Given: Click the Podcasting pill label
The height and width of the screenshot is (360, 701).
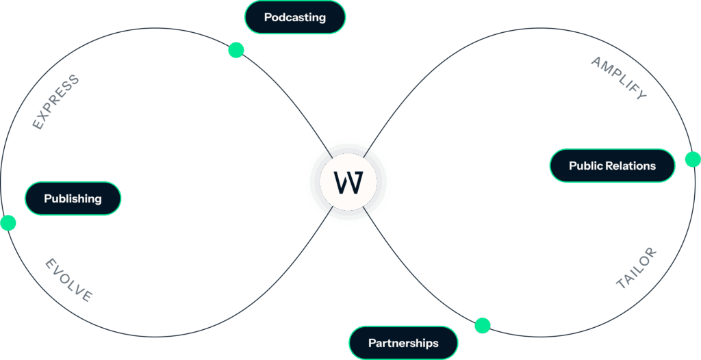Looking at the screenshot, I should [294, 17].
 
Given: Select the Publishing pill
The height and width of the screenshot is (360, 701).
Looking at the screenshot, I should [73, 199].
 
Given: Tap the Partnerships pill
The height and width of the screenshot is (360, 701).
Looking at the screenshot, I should [403, 343].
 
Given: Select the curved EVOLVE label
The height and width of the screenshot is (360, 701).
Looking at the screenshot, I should [68, 281].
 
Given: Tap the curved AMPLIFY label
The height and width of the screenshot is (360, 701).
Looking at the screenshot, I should [619, 78].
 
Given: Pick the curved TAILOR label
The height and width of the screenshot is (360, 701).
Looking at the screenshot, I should [636, 268].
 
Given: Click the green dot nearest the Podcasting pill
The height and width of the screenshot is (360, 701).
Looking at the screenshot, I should [236, 50].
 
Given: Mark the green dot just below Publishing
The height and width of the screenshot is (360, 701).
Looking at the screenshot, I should [8, 223].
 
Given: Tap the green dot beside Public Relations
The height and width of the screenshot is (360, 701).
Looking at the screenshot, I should [693, 159].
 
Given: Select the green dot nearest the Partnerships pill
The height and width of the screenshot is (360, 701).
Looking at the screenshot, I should [483, 325].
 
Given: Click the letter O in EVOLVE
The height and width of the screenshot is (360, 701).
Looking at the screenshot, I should [66, 279].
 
